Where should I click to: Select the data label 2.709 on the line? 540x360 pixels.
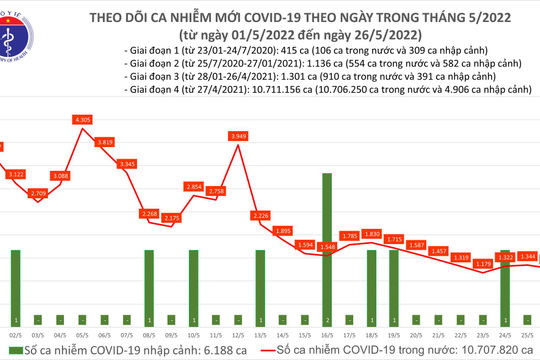pos(39,193)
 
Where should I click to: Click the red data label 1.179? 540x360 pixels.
pos(483,264)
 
